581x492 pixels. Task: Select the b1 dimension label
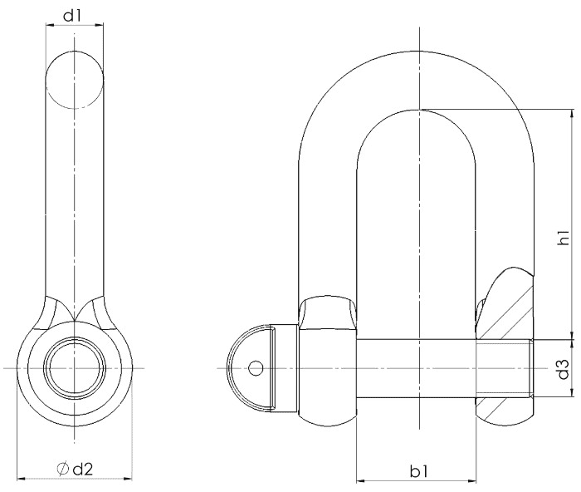418,471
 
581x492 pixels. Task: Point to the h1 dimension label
564,238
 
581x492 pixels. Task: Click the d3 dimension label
564,368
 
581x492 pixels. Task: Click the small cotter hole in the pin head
256,368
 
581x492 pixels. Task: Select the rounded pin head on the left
250,368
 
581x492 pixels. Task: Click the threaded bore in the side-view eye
75,368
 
